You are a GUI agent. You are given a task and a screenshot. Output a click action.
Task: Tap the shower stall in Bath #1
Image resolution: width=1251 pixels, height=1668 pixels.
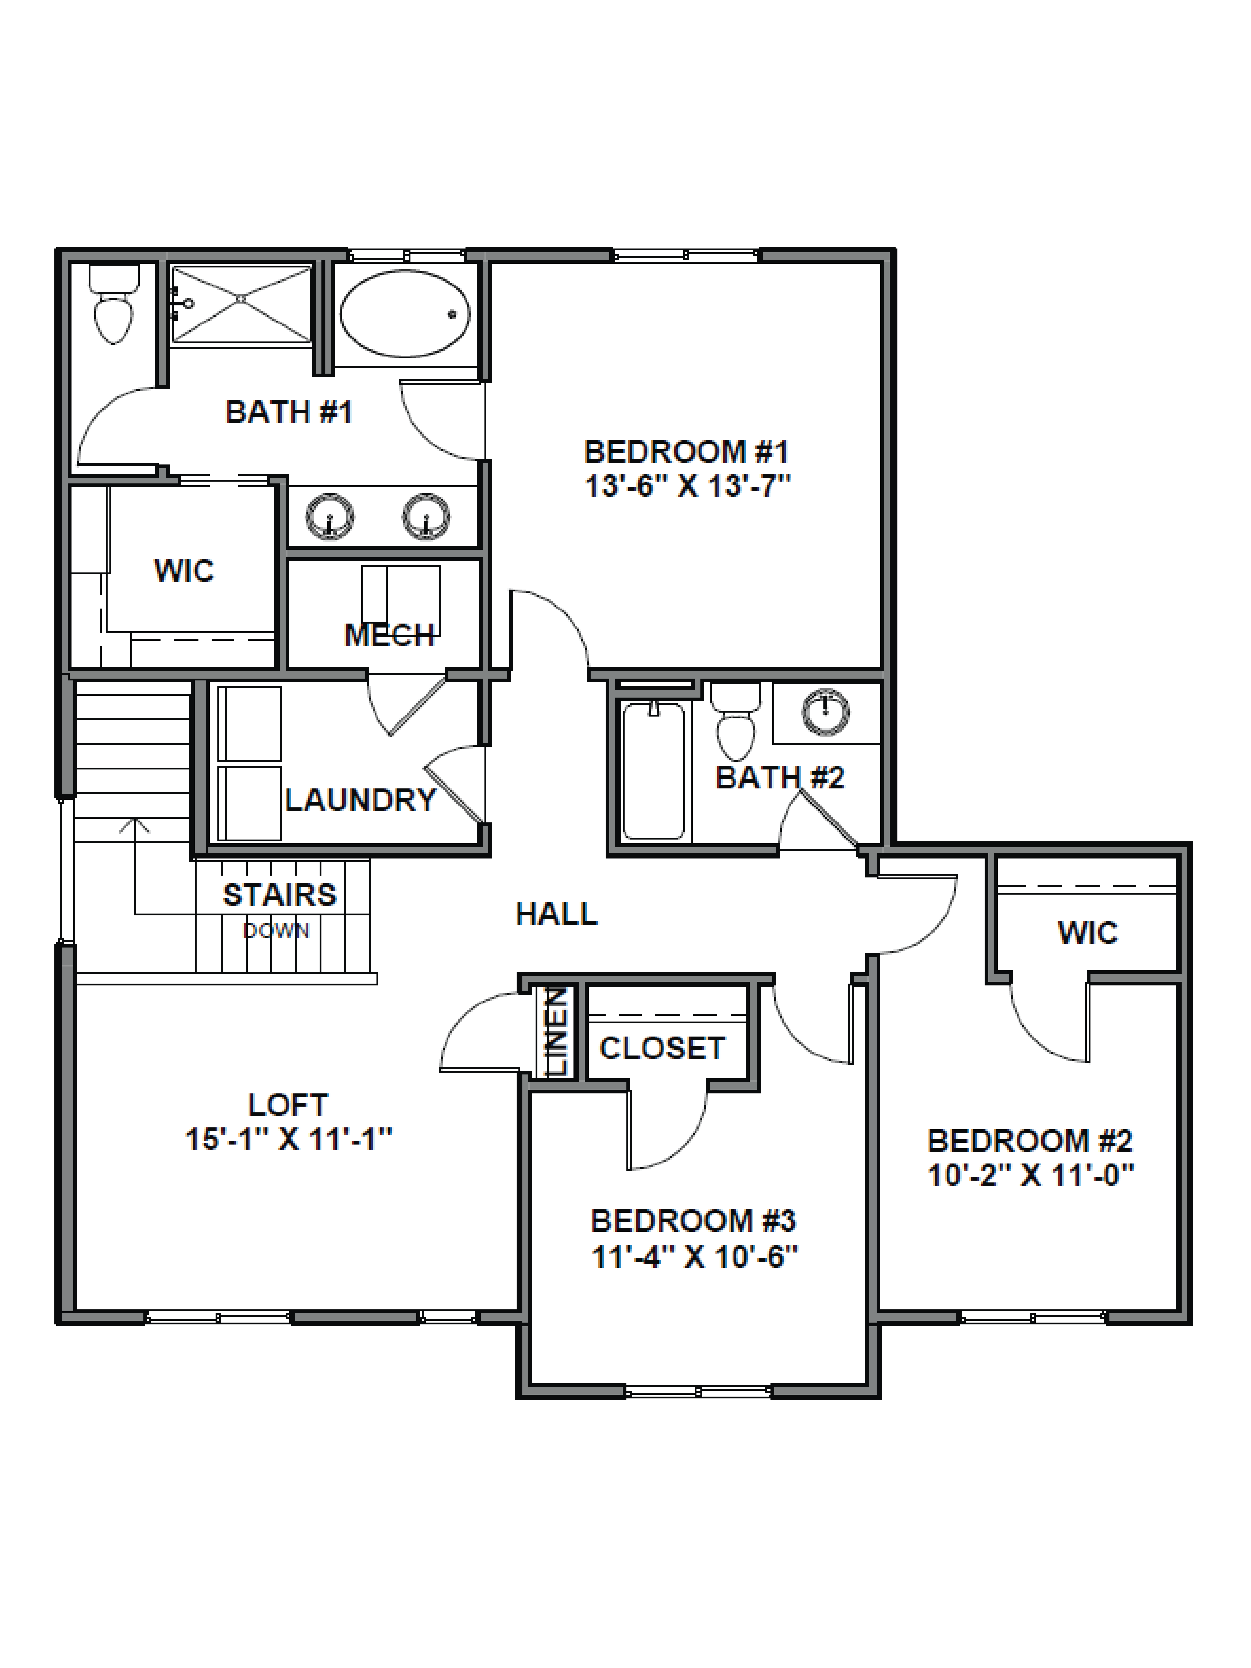coord(241,304)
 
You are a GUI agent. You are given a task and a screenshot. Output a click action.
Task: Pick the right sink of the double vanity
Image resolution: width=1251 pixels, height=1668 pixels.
coord(426,517)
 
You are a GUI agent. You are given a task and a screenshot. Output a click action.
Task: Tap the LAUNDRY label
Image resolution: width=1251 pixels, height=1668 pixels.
coord(360,800)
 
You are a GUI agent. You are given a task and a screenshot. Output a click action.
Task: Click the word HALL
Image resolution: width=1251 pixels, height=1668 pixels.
coord(557,914)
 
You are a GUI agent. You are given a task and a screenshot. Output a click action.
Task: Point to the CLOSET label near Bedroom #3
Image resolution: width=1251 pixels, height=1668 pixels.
coord(662,1048)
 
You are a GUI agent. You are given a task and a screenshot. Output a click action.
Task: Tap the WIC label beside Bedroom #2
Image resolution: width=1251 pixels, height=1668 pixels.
coord(1087,933)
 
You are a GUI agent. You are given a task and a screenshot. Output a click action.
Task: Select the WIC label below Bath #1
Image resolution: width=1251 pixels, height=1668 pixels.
coord(184,571)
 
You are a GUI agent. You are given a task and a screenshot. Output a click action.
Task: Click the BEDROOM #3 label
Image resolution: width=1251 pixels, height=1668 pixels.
coord(693,1220)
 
